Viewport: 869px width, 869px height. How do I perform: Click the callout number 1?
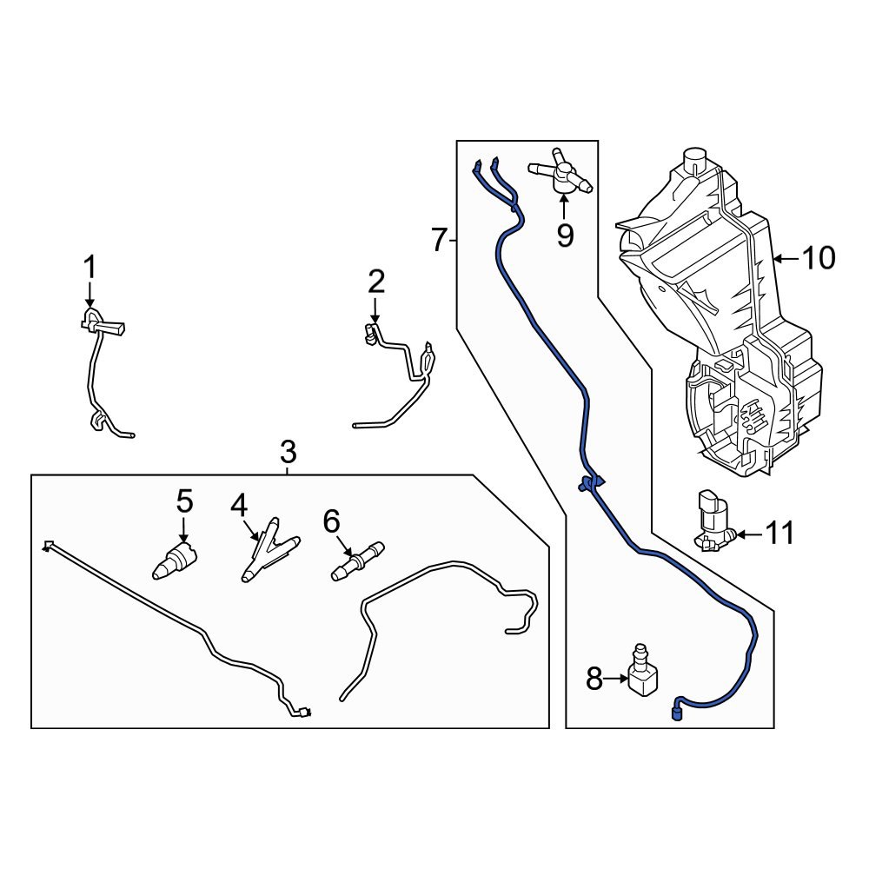pos(90,269)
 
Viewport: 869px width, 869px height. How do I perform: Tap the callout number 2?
pos(375,282)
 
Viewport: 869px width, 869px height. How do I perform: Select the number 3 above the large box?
pos(288,452)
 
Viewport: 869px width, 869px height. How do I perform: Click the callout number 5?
pos(184,501)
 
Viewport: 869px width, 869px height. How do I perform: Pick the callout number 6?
pos(331,521)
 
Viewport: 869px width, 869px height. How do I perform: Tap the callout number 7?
pos(440,239)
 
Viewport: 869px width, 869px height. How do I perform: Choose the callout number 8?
pos(594,680)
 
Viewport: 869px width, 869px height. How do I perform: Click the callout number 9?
pos(565,235)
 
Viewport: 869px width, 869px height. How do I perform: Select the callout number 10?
pos(818,258)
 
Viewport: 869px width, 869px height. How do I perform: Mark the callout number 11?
pos(780,534)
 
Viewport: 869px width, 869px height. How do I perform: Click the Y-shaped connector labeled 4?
pos(268,551)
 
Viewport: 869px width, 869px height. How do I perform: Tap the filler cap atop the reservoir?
pos(693,159)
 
